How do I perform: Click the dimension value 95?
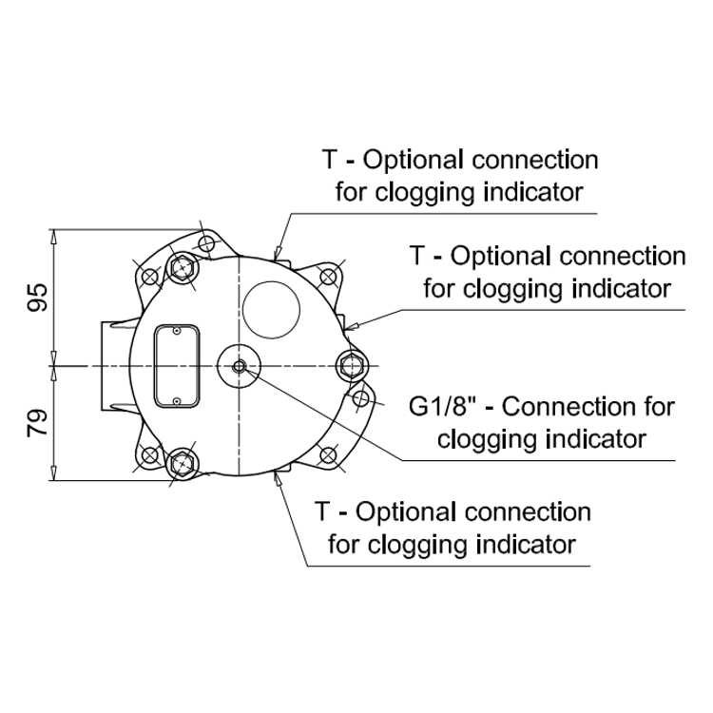37,298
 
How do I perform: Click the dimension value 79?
37,423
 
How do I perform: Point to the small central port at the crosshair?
239,366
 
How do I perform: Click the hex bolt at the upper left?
183,269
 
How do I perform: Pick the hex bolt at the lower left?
183,463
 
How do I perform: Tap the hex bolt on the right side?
352,365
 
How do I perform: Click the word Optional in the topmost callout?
414,160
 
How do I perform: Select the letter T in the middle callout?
417,256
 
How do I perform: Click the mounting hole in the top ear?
206,243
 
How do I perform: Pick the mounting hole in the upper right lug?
328,276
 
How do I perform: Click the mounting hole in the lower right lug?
328,454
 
